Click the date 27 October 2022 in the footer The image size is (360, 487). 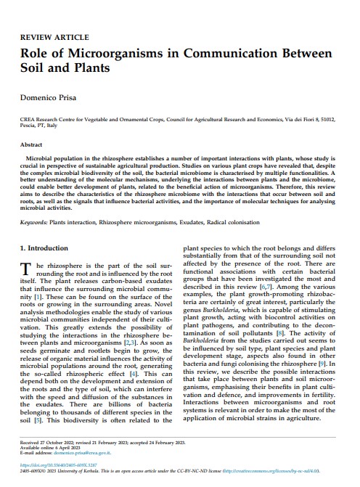point(62,441)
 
